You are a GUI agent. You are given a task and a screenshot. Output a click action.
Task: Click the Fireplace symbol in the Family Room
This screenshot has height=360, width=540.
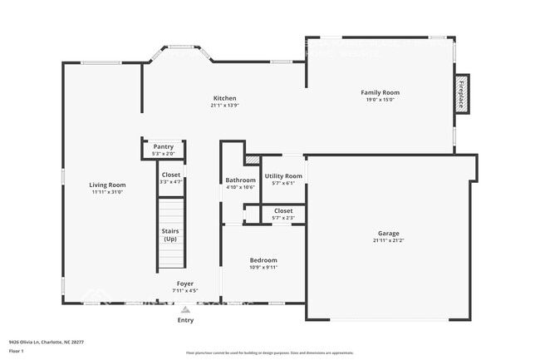[461, 92]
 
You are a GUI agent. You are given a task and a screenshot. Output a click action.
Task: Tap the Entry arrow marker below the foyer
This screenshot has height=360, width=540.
[185, 309]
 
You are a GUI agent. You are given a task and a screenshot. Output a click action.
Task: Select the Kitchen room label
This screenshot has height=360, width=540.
[224, 98]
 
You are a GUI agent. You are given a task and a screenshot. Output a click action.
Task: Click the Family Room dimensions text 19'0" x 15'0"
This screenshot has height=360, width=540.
[380, 100]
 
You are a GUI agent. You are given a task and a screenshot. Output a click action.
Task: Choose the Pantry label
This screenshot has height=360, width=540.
[164, 146]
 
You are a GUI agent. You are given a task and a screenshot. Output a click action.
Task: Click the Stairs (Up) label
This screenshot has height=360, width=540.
[170, 234]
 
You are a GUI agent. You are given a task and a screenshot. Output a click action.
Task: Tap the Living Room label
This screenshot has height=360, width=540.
[107, 185]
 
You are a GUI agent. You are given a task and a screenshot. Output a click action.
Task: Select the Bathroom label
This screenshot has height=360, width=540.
[240, 180]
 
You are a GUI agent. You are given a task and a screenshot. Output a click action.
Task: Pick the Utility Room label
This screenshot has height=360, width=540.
[283, 175]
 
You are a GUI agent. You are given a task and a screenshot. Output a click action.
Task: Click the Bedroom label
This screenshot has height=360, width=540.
[263, 259]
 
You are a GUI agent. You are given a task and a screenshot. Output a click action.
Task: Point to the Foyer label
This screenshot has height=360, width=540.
[184, 284]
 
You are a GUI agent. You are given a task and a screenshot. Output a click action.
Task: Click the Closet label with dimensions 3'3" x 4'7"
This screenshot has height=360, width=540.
[170, 175]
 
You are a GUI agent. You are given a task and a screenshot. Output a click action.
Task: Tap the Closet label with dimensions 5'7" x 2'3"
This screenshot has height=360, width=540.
[283, 211]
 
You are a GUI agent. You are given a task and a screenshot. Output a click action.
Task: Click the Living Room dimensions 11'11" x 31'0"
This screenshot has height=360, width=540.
[107, 191]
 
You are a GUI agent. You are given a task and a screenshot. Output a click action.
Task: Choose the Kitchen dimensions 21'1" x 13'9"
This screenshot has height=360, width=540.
[224, 105]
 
